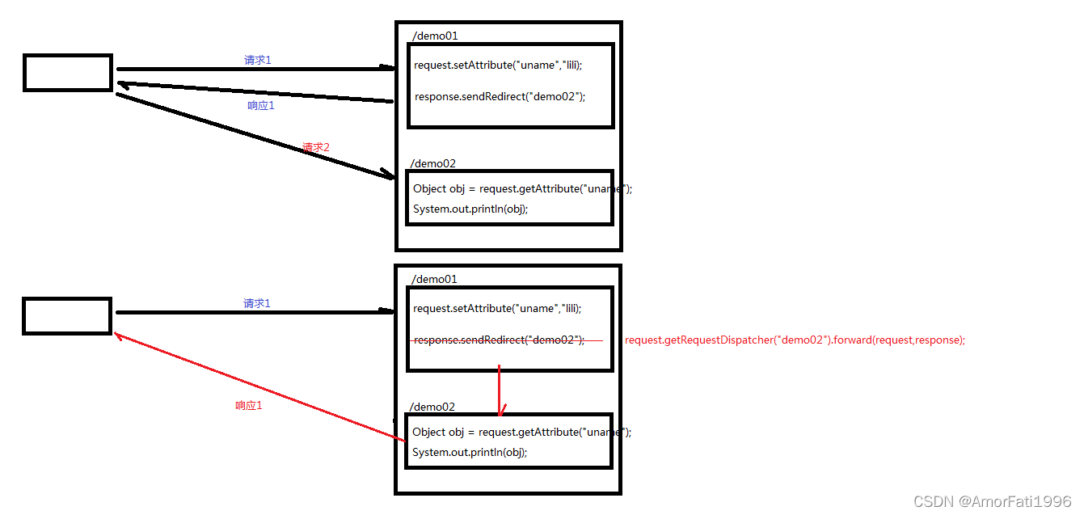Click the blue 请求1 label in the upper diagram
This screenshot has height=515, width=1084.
click(257, 60)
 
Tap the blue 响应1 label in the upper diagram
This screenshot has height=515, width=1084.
click(260, 106)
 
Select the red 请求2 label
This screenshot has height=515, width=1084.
click(316, 147)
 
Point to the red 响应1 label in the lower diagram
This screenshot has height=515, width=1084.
click(248, 406)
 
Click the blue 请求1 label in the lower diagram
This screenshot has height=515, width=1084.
click(257, 303)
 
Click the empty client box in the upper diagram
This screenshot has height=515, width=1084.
click(68, 72)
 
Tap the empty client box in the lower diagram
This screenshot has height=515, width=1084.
click(67, 315)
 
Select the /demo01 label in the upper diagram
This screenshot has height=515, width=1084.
click(435, 36)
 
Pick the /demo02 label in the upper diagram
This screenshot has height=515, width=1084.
click(433, 163)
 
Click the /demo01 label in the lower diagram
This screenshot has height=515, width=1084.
click(434, 279)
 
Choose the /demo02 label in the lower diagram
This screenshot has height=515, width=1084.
click(432, 407)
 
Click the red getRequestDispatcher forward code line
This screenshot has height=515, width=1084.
click(795, 340)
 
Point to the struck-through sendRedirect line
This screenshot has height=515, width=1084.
click(499, 340)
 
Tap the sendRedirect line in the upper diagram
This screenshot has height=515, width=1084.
click(500, 96)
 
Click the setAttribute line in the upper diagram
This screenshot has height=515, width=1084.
click(497, 65)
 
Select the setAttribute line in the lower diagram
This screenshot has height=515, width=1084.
click(496, 308)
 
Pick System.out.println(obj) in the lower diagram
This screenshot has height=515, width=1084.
click(470, 452)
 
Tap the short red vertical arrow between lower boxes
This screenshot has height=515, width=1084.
click(500, 390)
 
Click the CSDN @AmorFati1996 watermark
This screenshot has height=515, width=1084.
click(992, 502)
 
